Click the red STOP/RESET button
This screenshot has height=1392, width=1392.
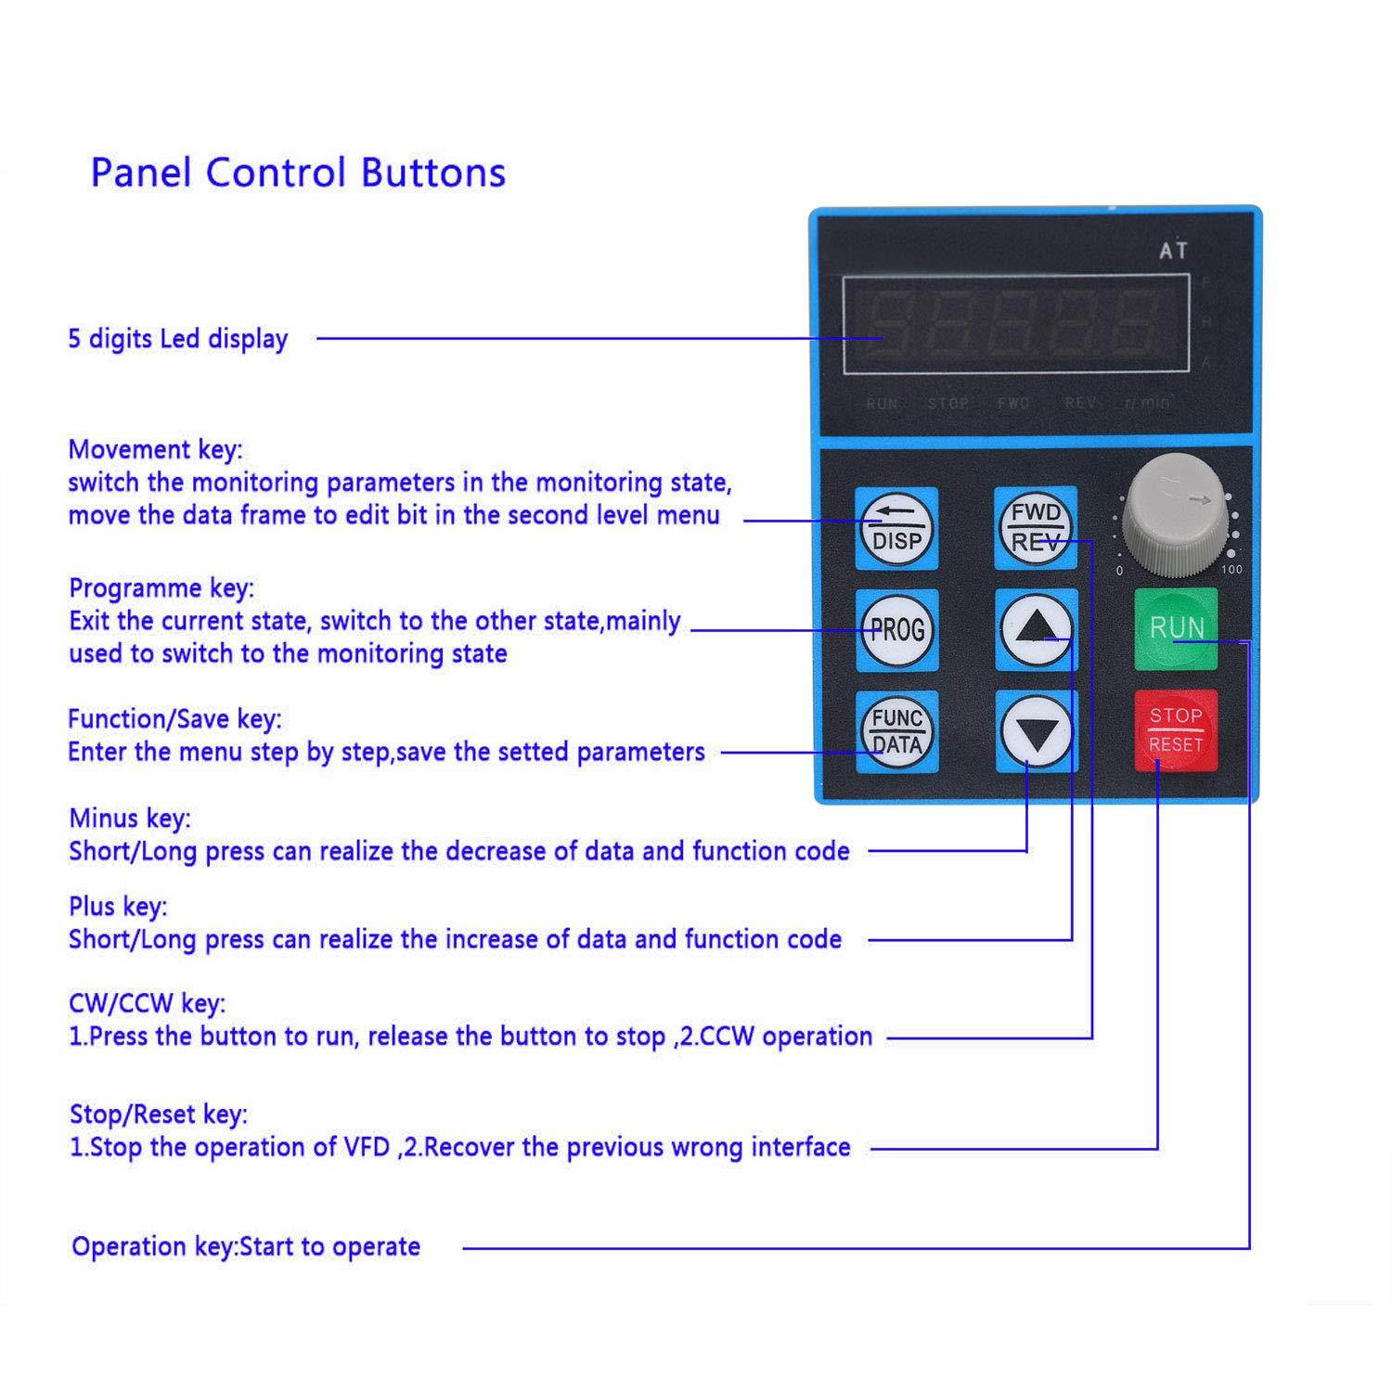click(1176, 730)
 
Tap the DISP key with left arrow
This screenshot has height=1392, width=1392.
click(896, 528)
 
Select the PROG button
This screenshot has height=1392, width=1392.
click(896, 630)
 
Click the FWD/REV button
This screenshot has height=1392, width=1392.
click(1036, 528)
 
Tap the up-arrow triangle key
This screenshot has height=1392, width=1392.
click(1037, 629)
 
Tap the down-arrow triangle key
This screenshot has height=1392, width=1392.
click(1037, 731)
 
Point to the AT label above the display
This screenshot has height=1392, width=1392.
click(1173, 251)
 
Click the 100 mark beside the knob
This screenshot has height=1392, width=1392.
click(1231, 570)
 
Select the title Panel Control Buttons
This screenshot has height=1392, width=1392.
click(298, 174)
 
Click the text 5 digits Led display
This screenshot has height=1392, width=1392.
click(178, 339)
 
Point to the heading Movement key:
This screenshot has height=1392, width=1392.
click(155, 449)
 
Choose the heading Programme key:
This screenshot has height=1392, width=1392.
click(161, 588)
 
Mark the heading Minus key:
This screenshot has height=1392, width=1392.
click(130, 818)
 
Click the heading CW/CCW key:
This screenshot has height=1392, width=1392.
click(148, 1003)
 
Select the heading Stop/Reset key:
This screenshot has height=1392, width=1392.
click(159, 1114)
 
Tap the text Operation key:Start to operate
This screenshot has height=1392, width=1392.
click(246, 1246)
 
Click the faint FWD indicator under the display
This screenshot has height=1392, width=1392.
click(1013, 404)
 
